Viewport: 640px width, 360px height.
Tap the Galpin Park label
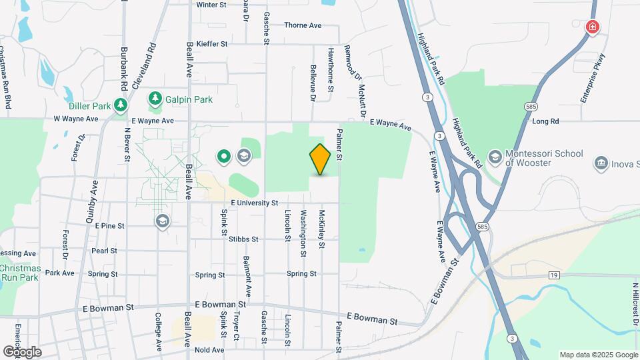[x=189, y=99]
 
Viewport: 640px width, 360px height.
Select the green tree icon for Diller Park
[x=120, y=105]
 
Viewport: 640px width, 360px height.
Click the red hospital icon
[x=591, y=27]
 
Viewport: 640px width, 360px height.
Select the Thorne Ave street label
[x=303, y=25]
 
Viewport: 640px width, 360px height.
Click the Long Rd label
[x=545, y=121]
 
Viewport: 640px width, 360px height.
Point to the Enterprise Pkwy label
[x=591, y=77]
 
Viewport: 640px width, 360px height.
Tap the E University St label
[x=254, y=203]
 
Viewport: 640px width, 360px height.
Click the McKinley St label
[x=321, y=230]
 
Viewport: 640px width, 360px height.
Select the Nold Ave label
[x=209, y=349]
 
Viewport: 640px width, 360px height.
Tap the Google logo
[x=22, y=351]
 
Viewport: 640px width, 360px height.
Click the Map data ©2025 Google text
[x=598, y=355]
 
